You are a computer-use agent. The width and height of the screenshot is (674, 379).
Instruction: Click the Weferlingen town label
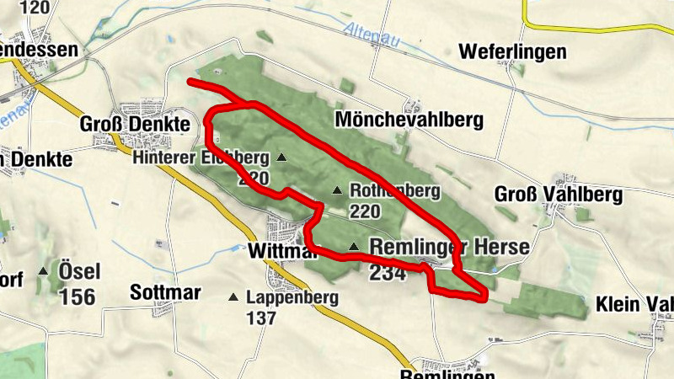512,52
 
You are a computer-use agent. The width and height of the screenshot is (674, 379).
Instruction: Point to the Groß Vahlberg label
558,195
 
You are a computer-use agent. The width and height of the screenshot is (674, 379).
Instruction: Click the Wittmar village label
275,251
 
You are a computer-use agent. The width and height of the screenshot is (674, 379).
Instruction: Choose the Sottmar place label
165,293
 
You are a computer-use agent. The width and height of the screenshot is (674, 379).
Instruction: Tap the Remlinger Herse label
450,247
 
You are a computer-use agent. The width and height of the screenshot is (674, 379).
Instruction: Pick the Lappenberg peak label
292,297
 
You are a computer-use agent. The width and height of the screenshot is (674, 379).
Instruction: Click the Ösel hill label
79,271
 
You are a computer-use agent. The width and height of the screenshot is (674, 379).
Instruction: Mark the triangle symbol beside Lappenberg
233,296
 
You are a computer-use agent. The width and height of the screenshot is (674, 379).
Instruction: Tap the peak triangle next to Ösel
43,271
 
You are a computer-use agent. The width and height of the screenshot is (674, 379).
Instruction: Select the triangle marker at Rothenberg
337,190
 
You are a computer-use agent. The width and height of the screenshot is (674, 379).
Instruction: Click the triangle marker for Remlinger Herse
354,247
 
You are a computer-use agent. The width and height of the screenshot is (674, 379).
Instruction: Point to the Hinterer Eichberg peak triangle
281,157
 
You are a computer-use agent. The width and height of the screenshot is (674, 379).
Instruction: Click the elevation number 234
388,272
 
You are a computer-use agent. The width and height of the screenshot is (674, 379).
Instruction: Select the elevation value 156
78,296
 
